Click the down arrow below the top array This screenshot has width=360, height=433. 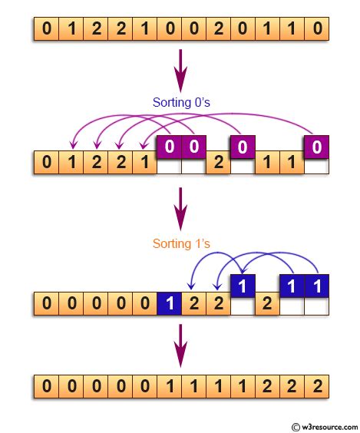click(180, 69)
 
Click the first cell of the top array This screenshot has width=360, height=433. click(46, 31)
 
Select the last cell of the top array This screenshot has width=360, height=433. click(315, 31)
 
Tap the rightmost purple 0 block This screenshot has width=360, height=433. click(315, 146)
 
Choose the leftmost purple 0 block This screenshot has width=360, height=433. click(168, 146)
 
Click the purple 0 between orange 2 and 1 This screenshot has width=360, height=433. click(242, 146)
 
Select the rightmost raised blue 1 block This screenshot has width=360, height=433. click(315, 286)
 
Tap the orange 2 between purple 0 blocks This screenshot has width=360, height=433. click(217, 163)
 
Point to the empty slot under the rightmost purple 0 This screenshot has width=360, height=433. click(315, 165)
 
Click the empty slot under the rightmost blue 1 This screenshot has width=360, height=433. click(315, 306)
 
